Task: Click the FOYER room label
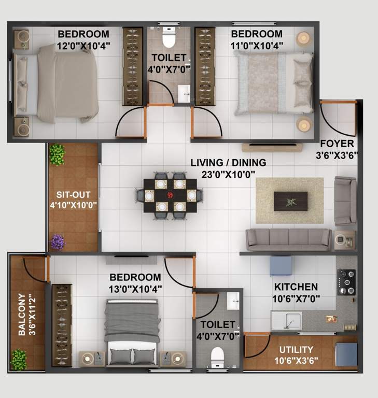(x=337, y=144)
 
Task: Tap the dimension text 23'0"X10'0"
(x=228, y=175)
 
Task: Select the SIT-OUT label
(x=74, y=195)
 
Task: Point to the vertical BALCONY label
(x=22, y=315)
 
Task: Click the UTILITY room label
(x=296, y=349)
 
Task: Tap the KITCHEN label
(x=296, y=287)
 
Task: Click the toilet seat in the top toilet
(x=169, y=38)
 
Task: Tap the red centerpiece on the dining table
(x=171, y=195)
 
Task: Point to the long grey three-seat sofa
(x=288, y=238)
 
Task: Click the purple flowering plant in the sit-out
(x=58, y=241)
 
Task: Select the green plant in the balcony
(x=19, y=359)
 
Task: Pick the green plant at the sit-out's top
(x=57, y=154)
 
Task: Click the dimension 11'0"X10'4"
(x=257, y=45)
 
